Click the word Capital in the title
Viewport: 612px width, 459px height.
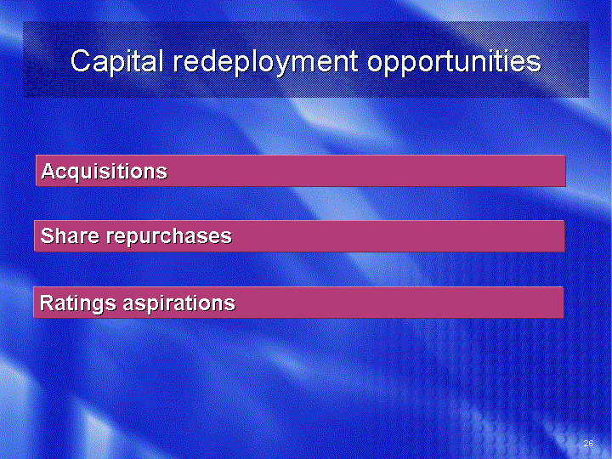pyautogui.click(x=116, y=62)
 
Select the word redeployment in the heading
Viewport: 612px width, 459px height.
pyautogui.click(x=265, y=62)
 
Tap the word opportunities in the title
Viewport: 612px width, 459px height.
pyautogui.click(x=454, y=62)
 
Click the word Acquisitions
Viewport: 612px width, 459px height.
pyautogui.click(x=105, y=172)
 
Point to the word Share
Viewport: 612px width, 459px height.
pyautogui.click(x=70, y=235)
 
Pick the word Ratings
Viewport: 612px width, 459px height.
pyautogui.click(x=78, y=303)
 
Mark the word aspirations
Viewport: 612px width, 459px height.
pyautogui.click(x=179, y=304)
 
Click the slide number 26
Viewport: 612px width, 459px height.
pyautogui.click(x=588, y=443)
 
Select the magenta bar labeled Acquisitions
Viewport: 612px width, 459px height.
pyautogui.click(x=301, y=171)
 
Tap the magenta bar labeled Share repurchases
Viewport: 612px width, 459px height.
pyautogui.click(x=299, y=236)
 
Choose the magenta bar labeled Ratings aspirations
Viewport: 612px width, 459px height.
pyautogui.click(x=298, y=303)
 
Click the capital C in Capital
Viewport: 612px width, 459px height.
pyautogui.click(x=81, y=60)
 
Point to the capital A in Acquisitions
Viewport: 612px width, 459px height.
pyautogui.click(x=48, y=171)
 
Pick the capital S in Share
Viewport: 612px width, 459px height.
pyautogui.click(x=48, y=235)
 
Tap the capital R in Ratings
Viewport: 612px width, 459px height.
pyautogui.click(x=48, y=303)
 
